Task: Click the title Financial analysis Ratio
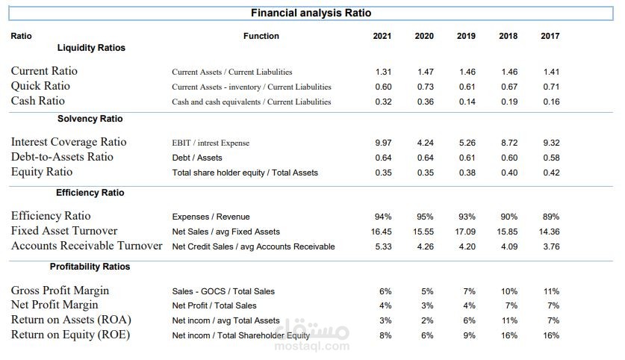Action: click(311, 13)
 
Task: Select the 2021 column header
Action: click(382, 36)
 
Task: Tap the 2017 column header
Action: click(550, 36)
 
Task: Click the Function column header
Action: click(261, 36)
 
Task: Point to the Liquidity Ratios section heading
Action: click(91, 48)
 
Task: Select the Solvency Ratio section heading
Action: click(90, 119)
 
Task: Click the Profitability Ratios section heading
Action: click(90, 267)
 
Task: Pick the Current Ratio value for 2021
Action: click(383, 72)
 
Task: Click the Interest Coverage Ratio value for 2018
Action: click(509, 143)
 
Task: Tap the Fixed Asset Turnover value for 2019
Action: click(466, 232)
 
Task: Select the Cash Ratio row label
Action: click(37, 101)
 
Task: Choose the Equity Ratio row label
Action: click(42, 172)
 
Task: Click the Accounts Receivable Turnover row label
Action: click(87, 246)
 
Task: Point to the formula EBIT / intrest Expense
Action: click(211, 143)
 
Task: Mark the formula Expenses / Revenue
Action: click(211, 217)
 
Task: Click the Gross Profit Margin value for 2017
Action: click(552, 291)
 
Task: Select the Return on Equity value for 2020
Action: click(427, 335)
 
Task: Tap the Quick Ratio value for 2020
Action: click(426, 87)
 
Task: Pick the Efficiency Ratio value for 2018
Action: click(509, 217)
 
